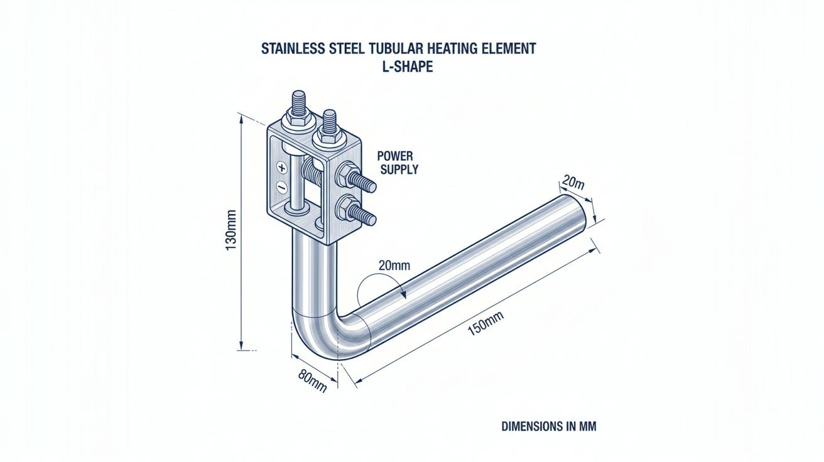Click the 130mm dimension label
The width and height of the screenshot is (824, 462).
tap(230, 230)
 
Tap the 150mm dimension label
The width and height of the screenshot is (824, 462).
tap(485, 323)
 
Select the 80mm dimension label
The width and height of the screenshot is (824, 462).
tap(312, 380)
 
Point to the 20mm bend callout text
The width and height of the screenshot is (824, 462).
tap(394, 265)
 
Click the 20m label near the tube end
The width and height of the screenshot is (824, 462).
tap(573, 182)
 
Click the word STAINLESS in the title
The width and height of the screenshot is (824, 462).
tap(293, 48)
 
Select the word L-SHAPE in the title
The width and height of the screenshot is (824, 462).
tap(408, 67)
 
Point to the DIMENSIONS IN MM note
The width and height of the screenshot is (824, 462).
tap(549, 426)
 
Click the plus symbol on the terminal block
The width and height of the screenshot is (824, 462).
tap(282, 168)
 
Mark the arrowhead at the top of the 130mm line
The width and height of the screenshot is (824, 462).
tap(241, 119)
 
